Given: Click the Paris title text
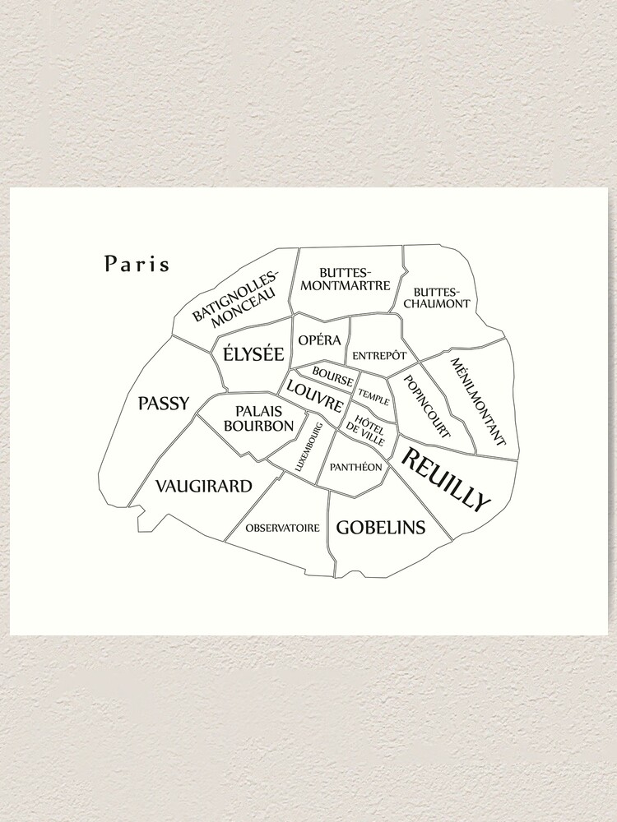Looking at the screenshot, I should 137,264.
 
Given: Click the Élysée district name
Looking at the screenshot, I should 253,354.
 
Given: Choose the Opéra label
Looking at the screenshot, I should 320,339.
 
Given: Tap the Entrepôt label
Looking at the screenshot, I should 379,355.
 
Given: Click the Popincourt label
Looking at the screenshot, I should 428,406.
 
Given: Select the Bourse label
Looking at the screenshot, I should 332,376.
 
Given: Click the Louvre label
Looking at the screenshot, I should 315,397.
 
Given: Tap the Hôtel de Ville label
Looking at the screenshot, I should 365,427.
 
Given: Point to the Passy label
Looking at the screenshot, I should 164,404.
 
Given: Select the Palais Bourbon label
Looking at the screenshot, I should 258,418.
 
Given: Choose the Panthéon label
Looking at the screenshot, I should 355,467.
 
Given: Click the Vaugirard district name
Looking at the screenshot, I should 203,486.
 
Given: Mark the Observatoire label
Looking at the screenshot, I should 282,528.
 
